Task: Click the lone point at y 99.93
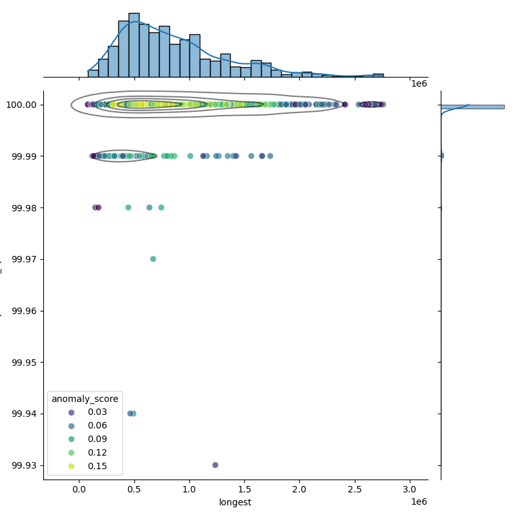[x=215, y=465]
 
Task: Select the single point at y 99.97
[x=153, y=259]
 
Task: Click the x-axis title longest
[x=235, y=502]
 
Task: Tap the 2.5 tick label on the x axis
[x=354, y=490]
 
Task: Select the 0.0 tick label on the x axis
[x=79, y=490]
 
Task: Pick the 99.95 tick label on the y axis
[x=25, y=362]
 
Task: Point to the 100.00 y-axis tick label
[x=23, y=105]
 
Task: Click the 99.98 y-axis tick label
[x=25, y=207]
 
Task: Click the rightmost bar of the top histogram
[x=378, y=76]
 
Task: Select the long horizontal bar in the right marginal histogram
[x=472, y=107]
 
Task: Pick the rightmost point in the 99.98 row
[x=161, y=207]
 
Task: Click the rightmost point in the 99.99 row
[x=270, y=156]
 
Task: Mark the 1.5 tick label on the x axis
[x=244, y=490]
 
